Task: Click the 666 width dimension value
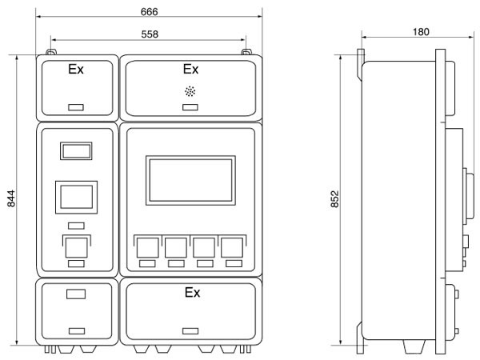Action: point(149,12)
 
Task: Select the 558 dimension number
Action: point(150,34)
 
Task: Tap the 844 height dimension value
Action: point(11,198)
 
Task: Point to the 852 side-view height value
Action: point(335,199)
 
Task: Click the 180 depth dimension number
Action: point(421,32)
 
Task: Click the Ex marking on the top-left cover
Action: point(76,69)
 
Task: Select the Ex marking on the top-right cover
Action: point(190,69)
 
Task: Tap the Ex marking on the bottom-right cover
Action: point(192,292)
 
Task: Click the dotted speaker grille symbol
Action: point(190,91)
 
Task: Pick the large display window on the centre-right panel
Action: point(190,180)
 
